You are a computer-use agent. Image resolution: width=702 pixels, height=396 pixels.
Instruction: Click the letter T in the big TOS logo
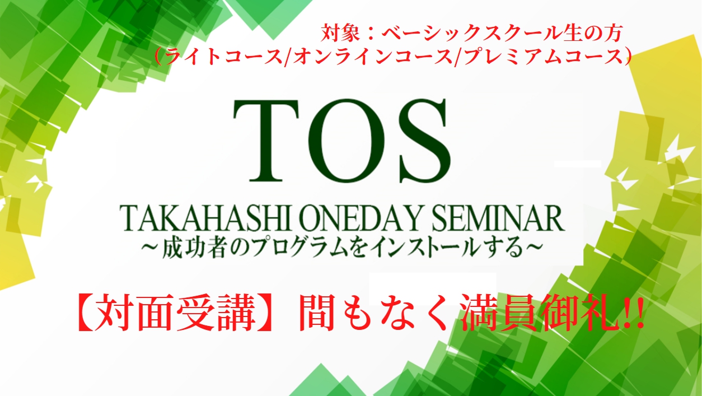tap(266, 141)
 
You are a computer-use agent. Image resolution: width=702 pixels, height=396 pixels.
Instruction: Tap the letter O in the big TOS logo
tap(347, 141)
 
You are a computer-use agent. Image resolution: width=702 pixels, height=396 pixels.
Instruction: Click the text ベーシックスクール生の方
tap(502, 33)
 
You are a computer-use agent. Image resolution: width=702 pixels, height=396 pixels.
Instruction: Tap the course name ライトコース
tap(224, 57)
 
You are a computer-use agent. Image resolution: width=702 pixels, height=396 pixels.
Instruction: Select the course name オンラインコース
tap(373, 57)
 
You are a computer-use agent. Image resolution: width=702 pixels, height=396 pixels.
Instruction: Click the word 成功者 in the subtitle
tap(194, 248)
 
